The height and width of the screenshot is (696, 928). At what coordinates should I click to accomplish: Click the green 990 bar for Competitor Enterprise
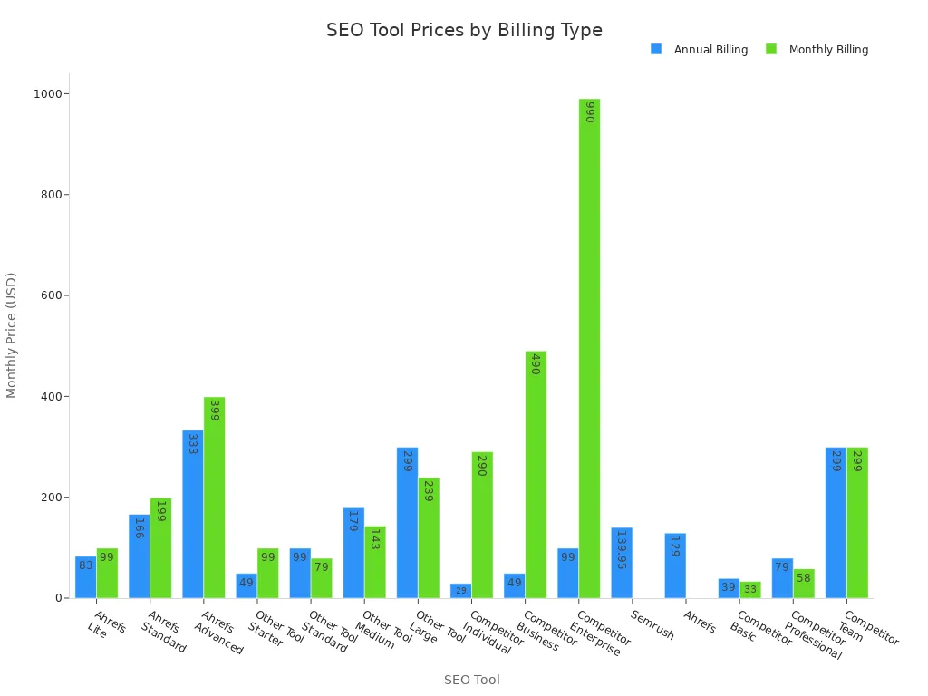tap(589, 349)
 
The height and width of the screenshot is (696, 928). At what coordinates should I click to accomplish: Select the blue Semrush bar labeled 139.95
tap(621, 563)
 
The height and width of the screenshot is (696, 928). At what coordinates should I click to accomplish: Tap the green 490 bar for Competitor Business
tap(536, 475)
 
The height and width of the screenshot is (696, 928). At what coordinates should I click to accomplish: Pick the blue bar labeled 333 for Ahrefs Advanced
tap(192, 514)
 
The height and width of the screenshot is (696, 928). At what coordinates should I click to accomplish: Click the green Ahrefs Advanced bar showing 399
tap(214, 498)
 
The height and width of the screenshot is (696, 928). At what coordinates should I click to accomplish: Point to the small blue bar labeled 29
tap(460, 591)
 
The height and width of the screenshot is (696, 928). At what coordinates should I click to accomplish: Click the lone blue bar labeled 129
tap(674, 565)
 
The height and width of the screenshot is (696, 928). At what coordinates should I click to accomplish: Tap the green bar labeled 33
tap(749, 590)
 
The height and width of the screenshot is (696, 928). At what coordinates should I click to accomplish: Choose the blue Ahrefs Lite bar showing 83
tap(85, 577)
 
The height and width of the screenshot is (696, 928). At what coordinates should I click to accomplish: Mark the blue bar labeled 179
tap(353, 553)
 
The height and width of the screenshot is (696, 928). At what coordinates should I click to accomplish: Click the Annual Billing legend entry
tap(700, 50)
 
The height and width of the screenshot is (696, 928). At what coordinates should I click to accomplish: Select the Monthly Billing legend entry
tap(817, 50)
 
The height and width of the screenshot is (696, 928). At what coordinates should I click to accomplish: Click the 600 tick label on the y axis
tap(51, 295)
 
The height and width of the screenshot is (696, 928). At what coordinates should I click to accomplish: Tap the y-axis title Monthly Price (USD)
tap(12, 334)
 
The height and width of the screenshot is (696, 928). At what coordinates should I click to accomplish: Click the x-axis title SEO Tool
tap(471, 680)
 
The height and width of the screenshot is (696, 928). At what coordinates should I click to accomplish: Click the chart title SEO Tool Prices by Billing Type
tap(464, 30)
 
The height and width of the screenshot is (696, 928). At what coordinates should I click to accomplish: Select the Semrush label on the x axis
tap(653, 624)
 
